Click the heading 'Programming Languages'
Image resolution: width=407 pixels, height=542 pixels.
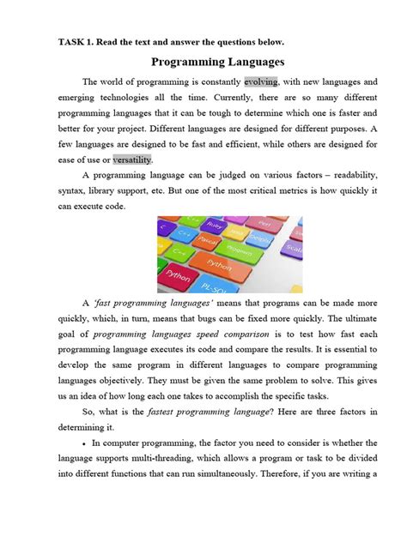(217, 62)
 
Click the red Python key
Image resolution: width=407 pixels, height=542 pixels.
(178, 276)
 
